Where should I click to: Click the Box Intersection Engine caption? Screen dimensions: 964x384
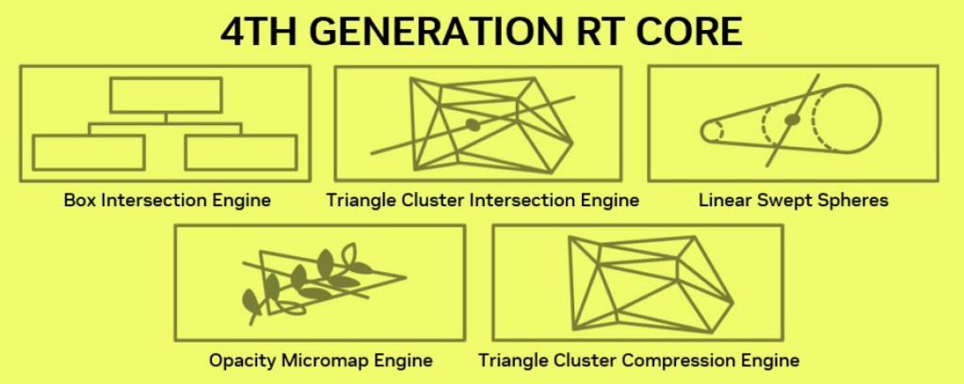[x=168, y=200]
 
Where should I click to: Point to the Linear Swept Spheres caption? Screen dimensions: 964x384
[x=793, y=200]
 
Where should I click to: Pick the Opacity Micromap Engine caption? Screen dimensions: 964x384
[x=320, y=360]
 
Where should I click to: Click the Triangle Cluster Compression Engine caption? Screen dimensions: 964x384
[x=639, y=360]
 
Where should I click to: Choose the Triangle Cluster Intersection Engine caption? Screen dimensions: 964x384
[x=483, y=200]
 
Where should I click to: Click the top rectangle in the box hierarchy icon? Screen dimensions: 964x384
[x=166, y=95]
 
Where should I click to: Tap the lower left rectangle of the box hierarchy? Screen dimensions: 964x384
[x=88, y=152]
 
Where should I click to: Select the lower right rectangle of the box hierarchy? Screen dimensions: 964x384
[x=241, y=152]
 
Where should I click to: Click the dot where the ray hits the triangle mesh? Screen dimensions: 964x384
[x=473, y=125]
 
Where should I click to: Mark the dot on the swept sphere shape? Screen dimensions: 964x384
[x=793, y=120]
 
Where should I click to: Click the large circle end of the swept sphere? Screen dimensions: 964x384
[x=880, y=119]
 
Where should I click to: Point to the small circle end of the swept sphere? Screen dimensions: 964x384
[x=701, y=130]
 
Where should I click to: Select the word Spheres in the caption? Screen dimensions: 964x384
[x=856, y=200]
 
